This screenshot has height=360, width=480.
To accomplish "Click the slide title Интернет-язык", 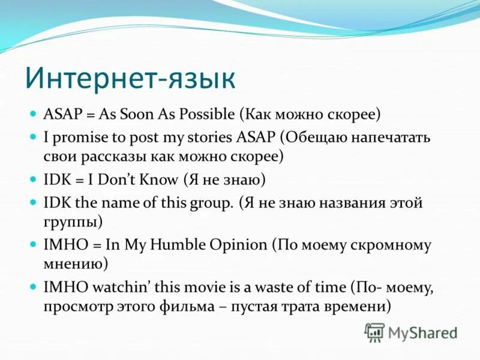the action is coord(130,78).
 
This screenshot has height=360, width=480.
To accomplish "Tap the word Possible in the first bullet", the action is coord(207,115).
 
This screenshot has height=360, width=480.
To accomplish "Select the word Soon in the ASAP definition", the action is coord(136,115).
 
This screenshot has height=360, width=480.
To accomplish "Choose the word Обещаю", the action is coord(317,138).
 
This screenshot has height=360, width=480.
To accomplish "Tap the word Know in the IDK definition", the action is coord(158,179).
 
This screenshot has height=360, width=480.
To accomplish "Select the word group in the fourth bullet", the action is coord(209,203).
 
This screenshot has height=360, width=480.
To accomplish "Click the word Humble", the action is coord(177,245).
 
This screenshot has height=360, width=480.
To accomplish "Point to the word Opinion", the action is coord(238,245).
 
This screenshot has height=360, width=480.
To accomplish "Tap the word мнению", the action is coord(73,263).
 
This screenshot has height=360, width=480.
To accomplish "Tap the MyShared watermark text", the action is coord(422,333).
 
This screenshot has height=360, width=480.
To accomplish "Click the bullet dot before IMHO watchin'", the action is coord(33,287).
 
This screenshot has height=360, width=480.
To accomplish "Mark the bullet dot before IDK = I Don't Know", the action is coord(33,179).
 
